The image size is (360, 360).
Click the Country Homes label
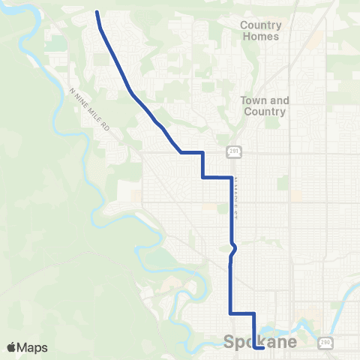click(260, 31)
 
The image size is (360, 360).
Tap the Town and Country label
click(263, 106)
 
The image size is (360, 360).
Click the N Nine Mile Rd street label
click(90, 110)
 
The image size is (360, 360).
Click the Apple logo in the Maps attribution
click(12, 347)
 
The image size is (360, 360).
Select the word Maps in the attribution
click(32, 347)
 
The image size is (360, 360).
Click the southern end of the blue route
click(263, 348)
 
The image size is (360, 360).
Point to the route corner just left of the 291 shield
click(203, 153)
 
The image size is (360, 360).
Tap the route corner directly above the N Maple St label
click(229, 178)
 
